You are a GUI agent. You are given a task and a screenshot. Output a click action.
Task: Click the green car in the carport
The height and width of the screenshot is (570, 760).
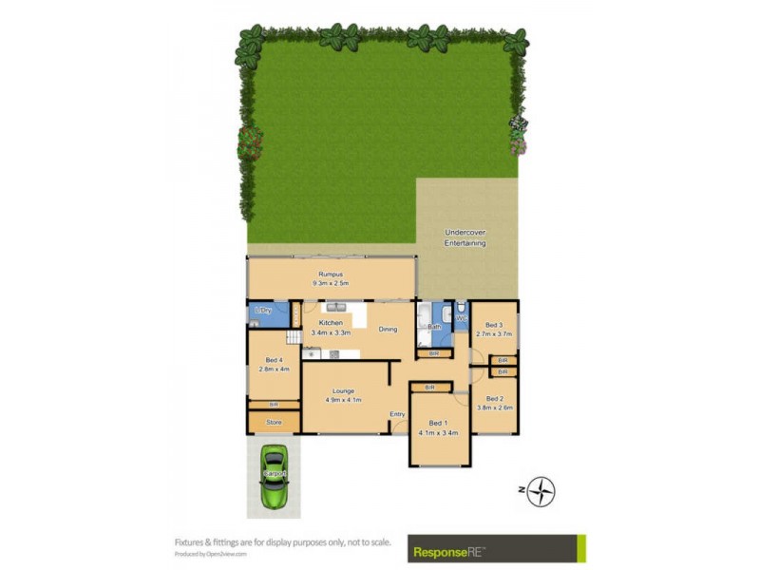(274, 476)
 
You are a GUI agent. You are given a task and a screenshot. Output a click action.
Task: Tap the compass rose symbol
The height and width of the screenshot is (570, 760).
(541, 491)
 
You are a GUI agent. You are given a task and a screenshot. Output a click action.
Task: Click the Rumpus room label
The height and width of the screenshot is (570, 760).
(330, 275)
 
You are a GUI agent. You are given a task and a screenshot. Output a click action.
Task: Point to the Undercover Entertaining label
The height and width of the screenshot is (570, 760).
(465, 237)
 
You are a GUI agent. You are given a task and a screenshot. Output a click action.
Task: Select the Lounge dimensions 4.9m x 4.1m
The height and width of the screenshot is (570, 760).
(343, 399)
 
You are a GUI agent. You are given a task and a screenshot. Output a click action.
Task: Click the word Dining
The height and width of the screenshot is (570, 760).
(388, 330)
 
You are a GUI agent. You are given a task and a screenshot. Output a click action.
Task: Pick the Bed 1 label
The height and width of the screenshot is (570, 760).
(437, 423)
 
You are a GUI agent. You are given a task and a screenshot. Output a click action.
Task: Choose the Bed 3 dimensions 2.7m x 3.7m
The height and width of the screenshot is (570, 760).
(493, 333)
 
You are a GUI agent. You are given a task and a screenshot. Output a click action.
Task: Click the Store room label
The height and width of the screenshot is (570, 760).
(274, 422)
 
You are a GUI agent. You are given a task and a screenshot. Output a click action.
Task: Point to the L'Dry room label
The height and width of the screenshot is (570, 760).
(263, 311)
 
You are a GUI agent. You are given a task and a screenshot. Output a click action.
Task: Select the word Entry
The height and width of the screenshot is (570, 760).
(397, 414)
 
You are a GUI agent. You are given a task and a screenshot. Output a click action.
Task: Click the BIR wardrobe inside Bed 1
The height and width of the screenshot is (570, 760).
(429, 388)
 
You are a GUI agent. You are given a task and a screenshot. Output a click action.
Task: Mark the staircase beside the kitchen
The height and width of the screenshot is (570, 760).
(294, 335)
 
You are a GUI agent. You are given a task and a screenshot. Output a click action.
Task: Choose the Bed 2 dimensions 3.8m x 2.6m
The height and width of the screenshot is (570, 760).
(494, 408)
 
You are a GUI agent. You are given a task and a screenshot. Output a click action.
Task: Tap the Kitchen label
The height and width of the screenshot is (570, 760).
(331, 323)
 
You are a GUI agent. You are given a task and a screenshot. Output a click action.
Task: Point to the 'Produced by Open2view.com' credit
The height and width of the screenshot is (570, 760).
(210, 554)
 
